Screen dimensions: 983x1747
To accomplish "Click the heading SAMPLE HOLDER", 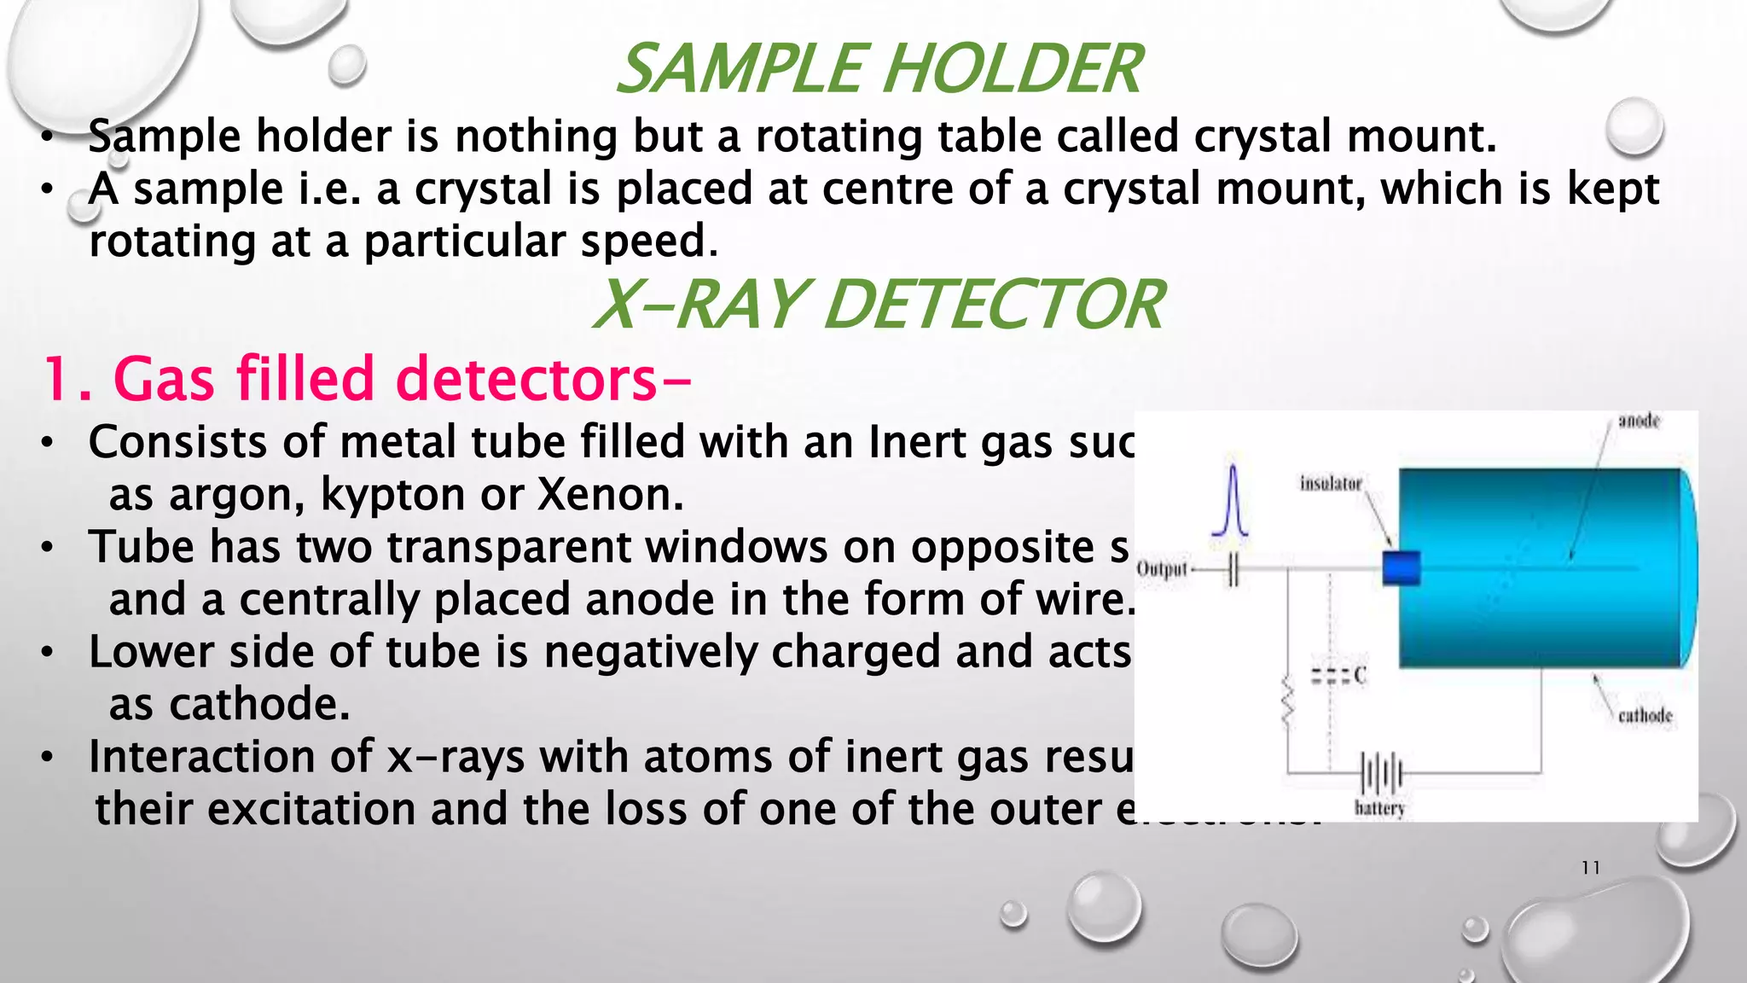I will (x=879, y=69).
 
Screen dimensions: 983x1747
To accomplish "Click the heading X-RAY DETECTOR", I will (x=879, y=305).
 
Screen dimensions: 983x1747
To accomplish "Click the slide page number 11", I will (x=1590, y=868).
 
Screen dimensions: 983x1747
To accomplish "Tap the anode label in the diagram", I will (x=1639, y=421).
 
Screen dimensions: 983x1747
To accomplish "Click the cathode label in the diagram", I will (x=1645, y=715).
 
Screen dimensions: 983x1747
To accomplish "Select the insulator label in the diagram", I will (x=1331, y=483).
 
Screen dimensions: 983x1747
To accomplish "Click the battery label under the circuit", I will (x=1379, y=808).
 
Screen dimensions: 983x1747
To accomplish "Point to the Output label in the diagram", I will (x=1162, y=569).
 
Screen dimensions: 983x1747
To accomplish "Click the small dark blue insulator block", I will (x=1401, y=568).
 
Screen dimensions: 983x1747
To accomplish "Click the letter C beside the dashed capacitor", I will (x=1360, y=675).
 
